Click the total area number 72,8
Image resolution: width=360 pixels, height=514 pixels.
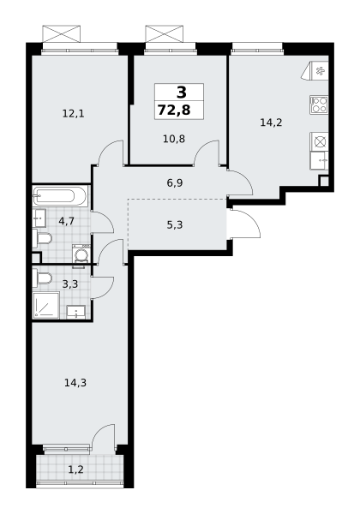[x=174, y=111]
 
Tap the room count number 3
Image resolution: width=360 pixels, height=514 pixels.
[x=182, y=93]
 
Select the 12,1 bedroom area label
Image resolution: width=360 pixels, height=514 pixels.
[x=74, y=114]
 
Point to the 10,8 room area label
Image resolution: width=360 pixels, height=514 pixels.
[x=174, y=139]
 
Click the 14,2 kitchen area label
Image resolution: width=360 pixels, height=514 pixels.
[x=271, y=123]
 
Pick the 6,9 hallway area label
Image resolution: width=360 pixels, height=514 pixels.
[x=175, y=183]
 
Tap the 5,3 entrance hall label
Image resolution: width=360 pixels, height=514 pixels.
[x=175, y=224]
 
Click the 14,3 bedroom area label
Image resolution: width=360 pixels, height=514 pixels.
[x=75, y=383]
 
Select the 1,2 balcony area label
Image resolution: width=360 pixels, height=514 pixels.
[x=75, y=469]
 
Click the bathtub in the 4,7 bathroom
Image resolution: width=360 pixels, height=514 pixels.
[x=61, y=196]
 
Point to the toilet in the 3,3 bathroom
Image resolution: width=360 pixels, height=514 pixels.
[x=42, y=278]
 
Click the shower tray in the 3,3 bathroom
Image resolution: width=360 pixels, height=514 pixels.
[x=46, y=305]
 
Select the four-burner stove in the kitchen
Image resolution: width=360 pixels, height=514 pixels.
[x=319, y=105]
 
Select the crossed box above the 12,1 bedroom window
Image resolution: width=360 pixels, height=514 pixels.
[x=62, y=33]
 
